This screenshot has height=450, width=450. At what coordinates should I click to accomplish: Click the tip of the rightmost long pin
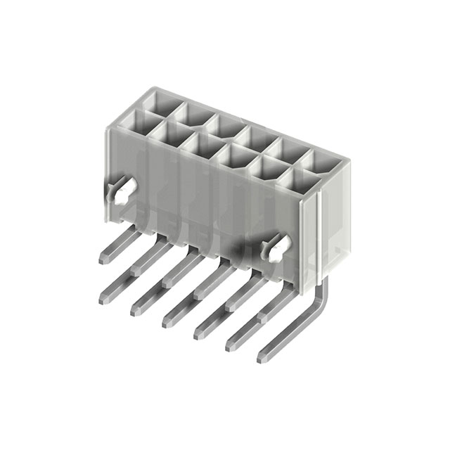click(262, 359)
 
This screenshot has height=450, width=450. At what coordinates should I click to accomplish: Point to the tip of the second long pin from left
click(136, 310)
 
